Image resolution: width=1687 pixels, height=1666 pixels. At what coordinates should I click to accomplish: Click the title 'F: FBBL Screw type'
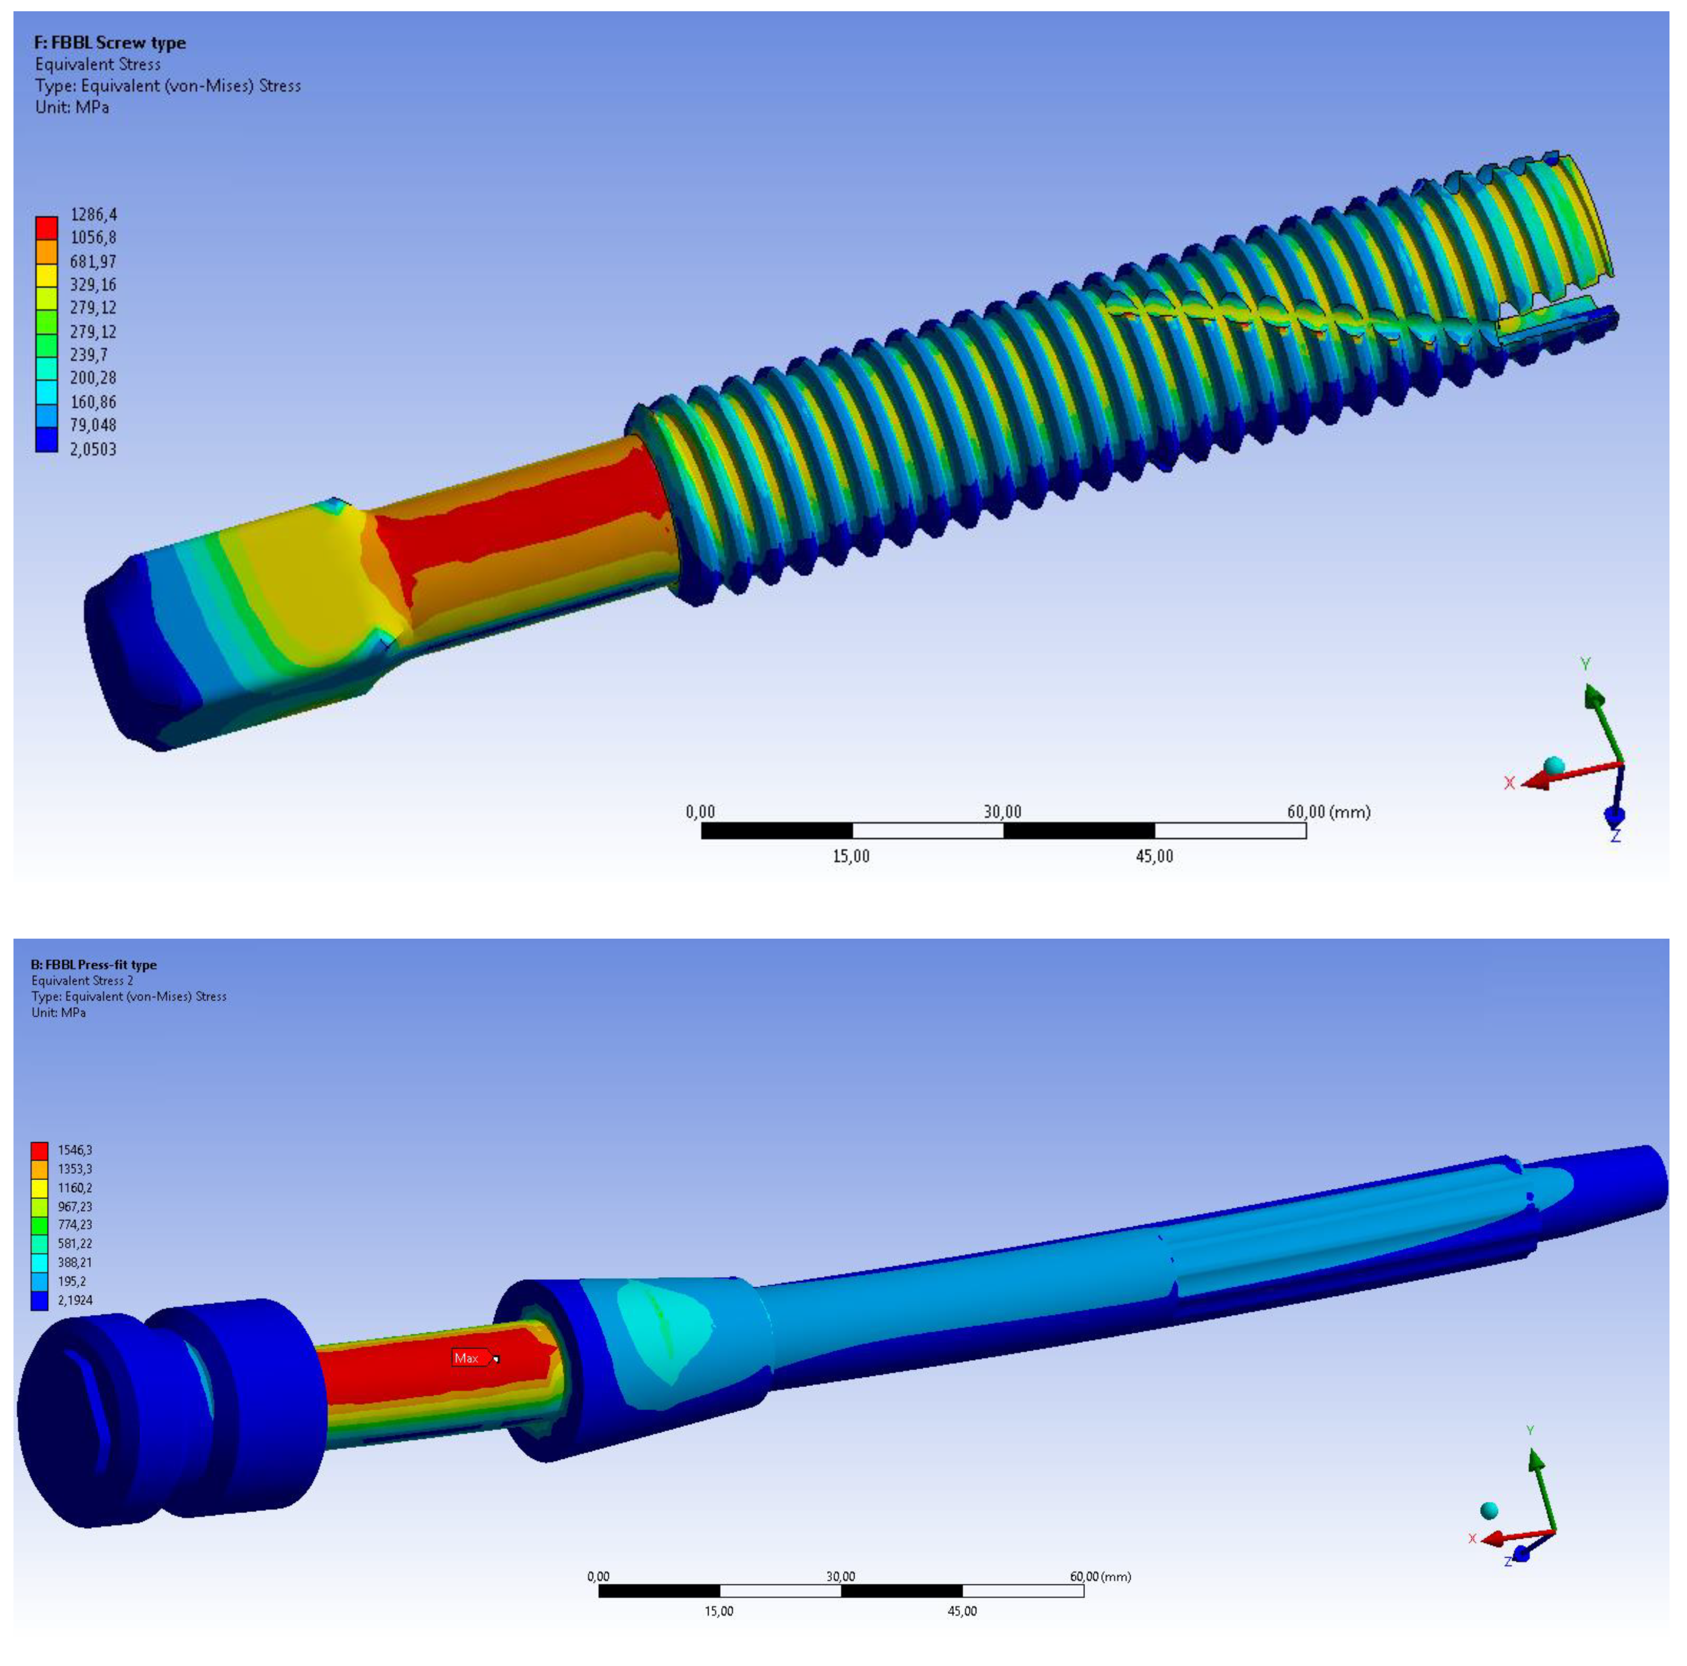pyautogui.click(x=110, y=43)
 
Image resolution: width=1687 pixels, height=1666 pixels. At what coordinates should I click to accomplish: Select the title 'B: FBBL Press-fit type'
pyautogui.click(x=94, y=964)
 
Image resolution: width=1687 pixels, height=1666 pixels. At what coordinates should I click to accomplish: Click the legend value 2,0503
pyautogui.click(x=94, y=449)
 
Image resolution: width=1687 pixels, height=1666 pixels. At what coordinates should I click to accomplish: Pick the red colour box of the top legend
pyautogui.click(x=46, y=227)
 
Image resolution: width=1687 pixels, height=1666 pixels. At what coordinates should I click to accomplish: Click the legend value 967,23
pyautogui.click(x=75, y=1207)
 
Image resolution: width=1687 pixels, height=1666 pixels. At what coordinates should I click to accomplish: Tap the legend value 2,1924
pyautogui.click(x=75, y=1300)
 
